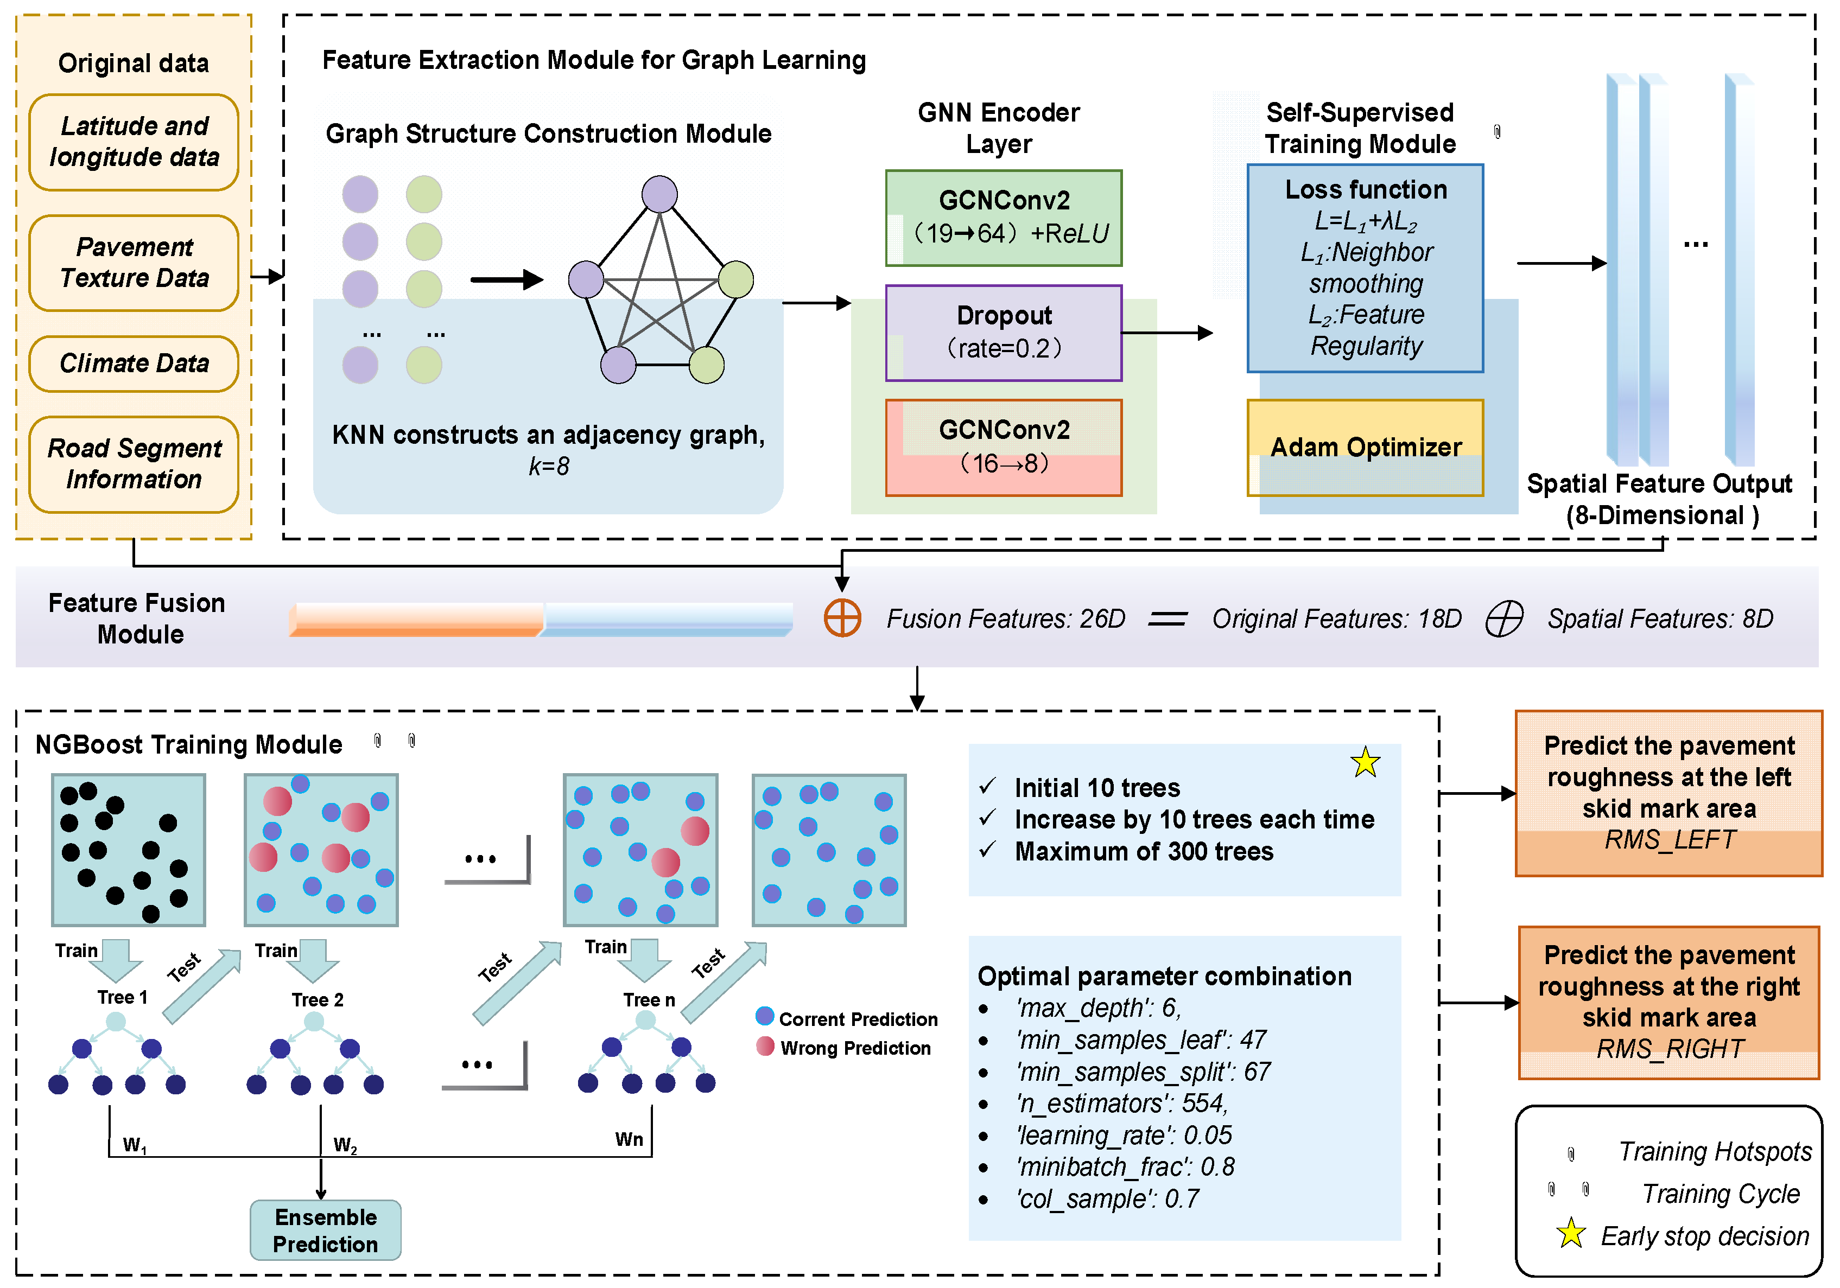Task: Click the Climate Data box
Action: click(x=134, y=364)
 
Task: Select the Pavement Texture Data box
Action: click(x=134, y=263)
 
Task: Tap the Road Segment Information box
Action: click(x=134, y=464)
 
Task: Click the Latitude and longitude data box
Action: click(x=134, y=142)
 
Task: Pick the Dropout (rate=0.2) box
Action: click(x=1004, y=333)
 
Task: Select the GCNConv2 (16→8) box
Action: click(x=1004, y=448)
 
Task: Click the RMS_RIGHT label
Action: click(x=1670, y=1049)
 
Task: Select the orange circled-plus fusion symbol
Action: click(x=842, y=619)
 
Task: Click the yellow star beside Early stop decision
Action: click(x=1571, y=1234)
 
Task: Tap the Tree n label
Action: click(x=649, y=1000)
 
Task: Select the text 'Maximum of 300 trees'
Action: click(x=1144, y=851)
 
